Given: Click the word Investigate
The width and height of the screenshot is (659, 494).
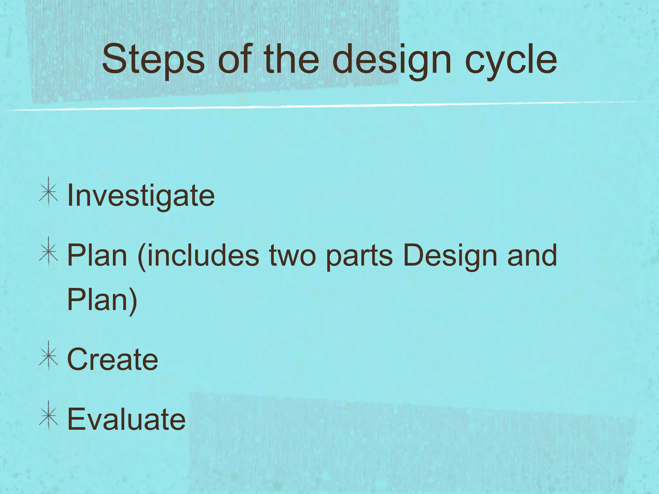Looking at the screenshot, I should coord(141,196).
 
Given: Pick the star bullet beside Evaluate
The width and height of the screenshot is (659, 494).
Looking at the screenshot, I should coord(49,416).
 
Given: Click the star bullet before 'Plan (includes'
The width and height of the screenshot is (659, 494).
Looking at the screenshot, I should coord(49,252).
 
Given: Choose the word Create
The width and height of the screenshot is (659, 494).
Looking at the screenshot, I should coord(113,359).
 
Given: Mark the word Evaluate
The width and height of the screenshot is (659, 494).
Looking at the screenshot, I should coord(126,419).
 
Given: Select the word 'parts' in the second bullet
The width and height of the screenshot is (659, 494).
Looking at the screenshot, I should coord(359,256).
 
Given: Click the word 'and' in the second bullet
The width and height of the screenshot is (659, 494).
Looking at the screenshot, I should coord(532,256).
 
